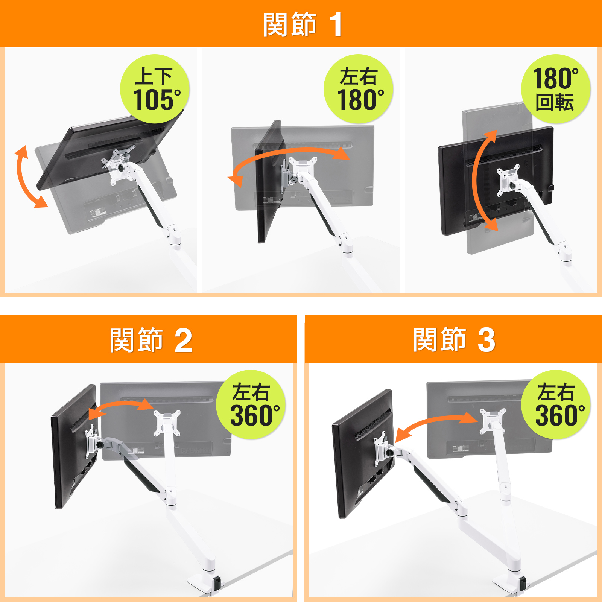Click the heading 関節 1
pos(303,24)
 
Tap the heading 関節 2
pos(151,340)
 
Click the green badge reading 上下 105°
pos(155,89)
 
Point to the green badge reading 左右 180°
pos(359,89)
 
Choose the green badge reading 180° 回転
pos(556,89)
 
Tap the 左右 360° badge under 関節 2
pos(251,404)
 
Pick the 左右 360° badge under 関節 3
pos(556,404)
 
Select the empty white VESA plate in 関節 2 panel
pos(167,423)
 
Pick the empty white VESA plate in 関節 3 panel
pos(493,421)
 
